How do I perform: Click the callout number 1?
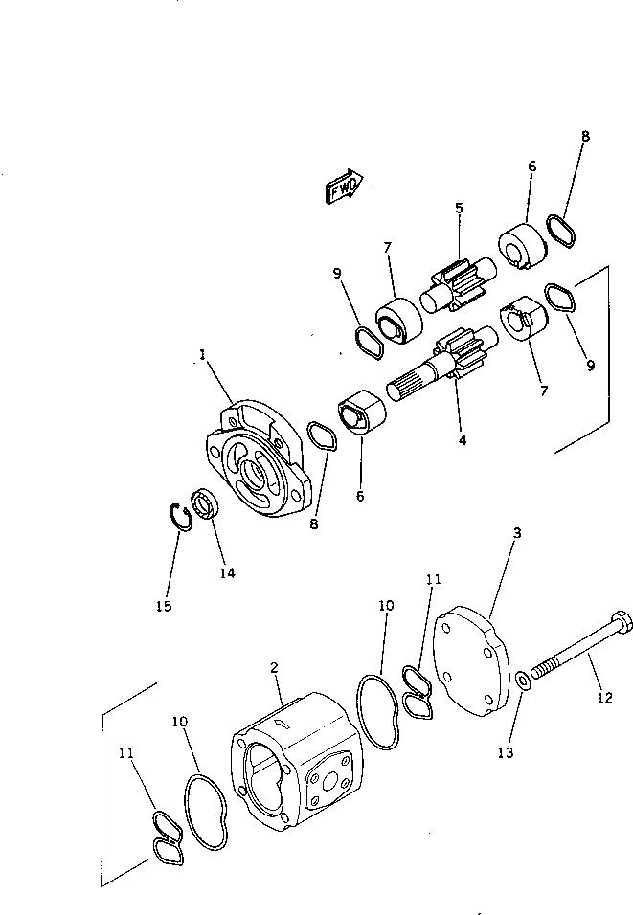[202, 354]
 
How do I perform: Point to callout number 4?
[463, 440]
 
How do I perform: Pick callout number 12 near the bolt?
[604, 698]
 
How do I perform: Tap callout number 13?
[506, 752]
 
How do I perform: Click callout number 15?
[165, 606]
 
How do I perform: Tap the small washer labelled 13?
[521, 681]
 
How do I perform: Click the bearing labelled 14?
[204, 502]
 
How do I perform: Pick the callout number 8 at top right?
[585, 136]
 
